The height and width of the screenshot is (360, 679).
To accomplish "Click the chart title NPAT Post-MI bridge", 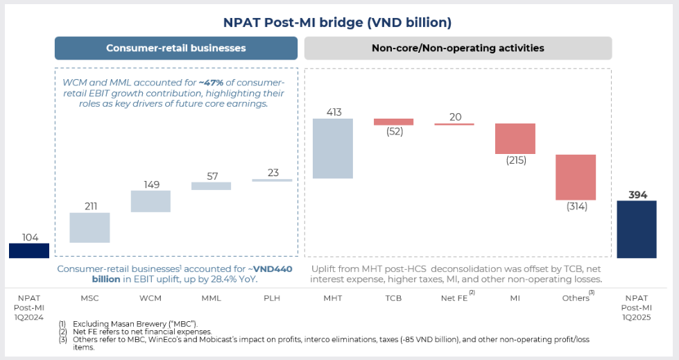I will click(337, 22).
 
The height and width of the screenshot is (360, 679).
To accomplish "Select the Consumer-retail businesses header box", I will click(176, 49).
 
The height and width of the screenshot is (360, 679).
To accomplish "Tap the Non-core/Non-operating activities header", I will click(458, 49).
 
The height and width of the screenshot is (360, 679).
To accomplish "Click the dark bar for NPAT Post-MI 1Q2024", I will click(29, 250).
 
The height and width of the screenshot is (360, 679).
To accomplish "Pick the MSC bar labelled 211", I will click(89, 228).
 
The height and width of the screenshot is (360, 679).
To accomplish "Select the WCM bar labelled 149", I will click(151, 201).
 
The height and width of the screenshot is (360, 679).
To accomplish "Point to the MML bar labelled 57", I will click(211, 186).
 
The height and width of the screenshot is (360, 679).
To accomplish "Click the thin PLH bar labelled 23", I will click(272, 180).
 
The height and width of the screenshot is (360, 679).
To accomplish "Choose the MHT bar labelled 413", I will click(333, 148).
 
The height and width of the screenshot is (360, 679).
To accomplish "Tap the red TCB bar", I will click(393, 122).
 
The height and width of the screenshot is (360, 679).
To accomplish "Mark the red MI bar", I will click(515, 139).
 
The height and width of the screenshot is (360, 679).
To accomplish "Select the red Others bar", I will click(576, 178).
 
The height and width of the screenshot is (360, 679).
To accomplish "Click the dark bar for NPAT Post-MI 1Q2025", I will click(636, 230).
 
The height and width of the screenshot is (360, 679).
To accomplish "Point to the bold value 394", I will click(636, 195).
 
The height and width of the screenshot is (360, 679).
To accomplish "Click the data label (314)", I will click(576, 207).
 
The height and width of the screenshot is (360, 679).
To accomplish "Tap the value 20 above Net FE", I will click(455, 117).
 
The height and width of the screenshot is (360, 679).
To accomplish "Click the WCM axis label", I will click(151, 298).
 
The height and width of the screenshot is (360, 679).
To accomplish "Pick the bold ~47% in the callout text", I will click(212, 82).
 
